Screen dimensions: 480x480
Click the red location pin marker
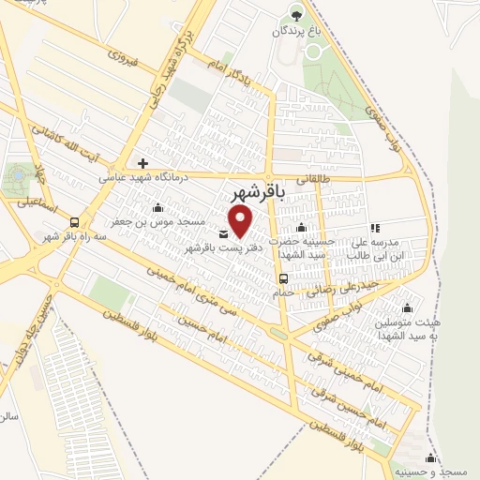[242, 221]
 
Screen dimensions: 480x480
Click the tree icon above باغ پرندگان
[297, 14]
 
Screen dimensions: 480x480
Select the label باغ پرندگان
[296, 30]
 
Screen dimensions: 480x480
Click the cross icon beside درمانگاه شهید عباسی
[143, 162]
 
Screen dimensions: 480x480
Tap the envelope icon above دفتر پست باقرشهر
[223, 233]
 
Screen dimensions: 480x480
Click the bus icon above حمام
[281, 278]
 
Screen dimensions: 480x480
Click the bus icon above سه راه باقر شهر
[74, 221]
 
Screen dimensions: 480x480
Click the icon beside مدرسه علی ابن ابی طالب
[375, 228]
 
